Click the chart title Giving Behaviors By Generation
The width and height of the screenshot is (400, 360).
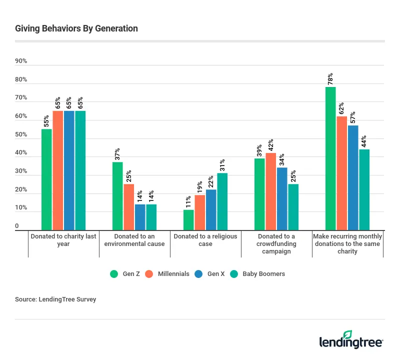(x=76, y=28)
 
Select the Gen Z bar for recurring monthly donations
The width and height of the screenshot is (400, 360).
(x=330, y=158)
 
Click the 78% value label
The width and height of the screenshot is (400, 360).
(x=330, y=79)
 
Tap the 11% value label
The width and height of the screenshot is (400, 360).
(x=188, y=202)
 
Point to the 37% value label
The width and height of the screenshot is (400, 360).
(x=117, y=154)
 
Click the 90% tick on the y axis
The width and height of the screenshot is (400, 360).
(x=21, y=61)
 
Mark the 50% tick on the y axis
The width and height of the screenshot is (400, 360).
(x=21, y=135)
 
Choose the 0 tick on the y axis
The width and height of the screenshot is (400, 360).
(x=17, y=226)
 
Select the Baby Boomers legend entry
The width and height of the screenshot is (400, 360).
(x=259, y=274)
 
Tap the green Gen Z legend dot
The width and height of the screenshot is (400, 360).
(x=113, y=274)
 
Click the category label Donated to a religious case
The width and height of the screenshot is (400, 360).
(x=205, y=240)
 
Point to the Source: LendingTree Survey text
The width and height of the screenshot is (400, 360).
(x=55, y=299)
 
